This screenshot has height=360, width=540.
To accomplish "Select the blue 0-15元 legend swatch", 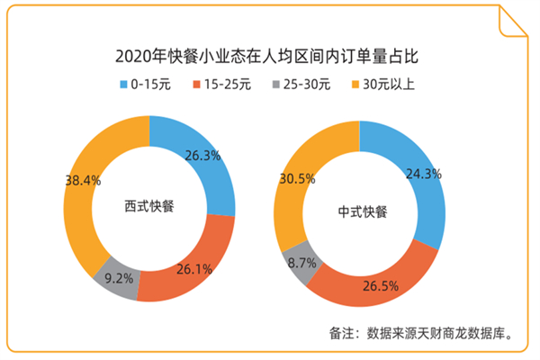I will [124, 86].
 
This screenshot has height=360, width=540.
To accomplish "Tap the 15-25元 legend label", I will [229, 86].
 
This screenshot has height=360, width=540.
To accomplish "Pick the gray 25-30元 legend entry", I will [302, 86].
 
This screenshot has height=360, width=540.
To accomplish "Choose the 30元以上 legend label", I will [389, 86].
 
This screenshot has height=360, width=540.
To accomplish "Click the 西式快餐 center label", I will [148, 206].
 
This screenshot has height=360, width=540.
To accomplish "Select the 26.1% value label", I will [193, 268].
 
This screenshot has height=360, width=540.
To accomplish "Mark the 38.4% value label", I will [83, 181].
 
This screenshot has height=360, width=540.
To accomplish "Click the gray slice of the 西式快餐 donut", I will [114, 282].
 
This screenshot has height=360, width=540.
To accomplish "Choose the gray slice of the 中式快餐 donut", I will [296, 261].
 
